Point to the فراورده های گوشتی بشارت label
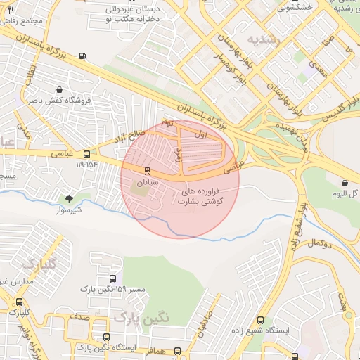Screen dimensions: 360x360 202,196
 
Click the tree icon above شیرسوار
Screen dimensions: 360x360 69,200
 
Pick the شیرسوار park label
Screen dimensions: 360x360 69,210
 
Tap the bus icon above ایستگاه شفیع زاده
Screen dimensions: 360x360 261,321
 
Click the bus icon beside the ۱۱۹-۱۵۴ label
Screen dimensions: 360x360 86,154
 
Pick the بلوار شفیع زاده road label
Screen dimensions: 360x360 297,226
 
